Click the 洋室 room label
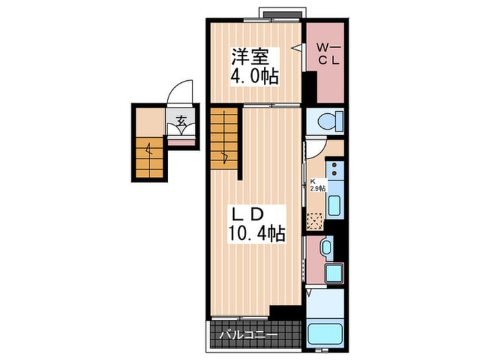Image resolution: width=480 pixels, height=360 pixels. [250, 57]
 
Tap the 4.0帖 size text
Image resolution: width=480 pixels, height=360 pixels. [254, 76]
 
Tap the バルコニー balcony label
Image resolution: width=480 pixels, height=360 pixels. [248, 335]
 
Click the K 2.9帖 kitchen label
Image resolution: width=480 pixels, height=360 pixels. [317, 185]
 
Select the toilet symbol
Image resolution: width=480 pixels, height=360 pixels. [330, 121]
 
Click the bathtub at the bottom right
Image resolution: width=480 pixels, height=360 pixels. [325, 335]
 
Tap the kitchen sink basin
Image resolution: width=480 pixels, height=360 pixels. [334, 205]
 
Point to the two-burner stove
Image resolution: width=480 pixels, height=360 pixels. [335, 169]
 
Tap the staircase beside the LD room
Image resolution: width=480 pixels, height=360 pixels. [224, 138]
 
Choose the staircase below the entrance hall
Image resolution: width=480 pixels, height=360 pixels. [149, 157]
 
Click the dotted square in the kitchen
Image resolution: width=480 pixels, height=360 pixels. [315, 221]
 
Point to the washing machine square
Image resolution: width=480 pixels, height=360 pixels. [334, 273]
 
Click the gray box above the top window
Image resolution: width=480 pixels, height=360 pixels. [282, 14]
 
